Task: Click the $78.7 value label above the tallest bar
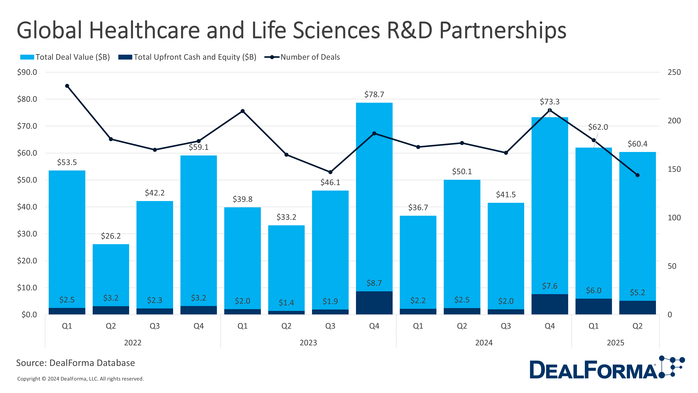[x=374, y=94]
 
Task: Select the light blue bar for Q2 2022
[x=111, y=274]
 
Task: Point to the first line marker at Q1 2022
[x=67, y=86]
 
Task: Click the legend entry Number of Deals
[x=310, y=57]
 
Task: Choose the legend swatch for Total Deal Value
[x=27, y=57]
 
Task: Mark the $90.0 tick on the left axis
[x=27, y=72]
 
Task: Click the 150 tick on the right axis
[x=674, y=169]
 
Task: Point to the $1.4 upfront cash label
[x=286, y=302]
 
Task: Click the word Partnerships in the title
[x=503, y=30]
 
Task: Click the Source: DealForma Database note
[x=76, y=363]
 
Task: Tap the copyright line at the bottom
[x=80, y=379]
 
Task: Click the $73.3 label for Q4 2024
[x=550, y=102]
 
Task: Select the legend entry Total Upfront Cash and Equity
[x=195, y=57]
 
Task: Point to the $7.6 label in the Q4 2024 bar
[x=550, y=286]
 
